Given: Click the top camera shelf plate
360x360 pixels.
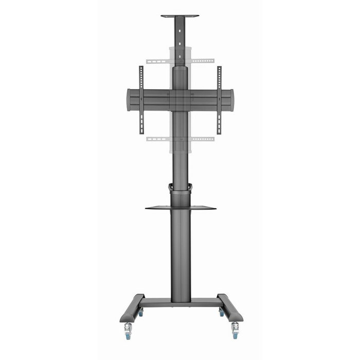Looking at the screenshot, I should point(179,16).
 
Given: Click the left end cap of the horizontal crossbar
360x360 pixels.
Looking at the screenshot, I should point(129,100).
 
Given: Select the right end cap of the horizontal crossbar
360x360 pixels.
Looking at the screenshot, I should point(231,100).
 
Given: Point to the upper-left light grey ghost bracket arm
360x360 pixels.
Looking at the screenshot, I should point(158,61).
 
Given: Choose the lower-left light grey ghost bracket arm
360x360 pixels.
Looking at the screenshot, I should point(158,139).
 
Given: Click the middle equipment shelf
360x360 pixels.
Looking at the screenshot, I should point(180,208).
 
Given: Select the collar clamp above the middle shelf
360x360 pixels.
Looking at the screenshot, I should point(180,188).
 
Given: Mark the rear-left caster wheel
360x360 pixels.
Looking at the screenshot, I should point(141,312).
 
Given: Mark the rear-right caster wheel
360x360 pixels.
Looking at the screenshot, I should point(222,312).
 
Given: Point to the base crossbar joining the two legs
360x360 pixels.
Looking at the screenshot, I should point(180,302).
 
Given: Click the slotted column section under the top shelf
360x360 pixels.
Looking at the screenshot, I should point(179,39).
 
